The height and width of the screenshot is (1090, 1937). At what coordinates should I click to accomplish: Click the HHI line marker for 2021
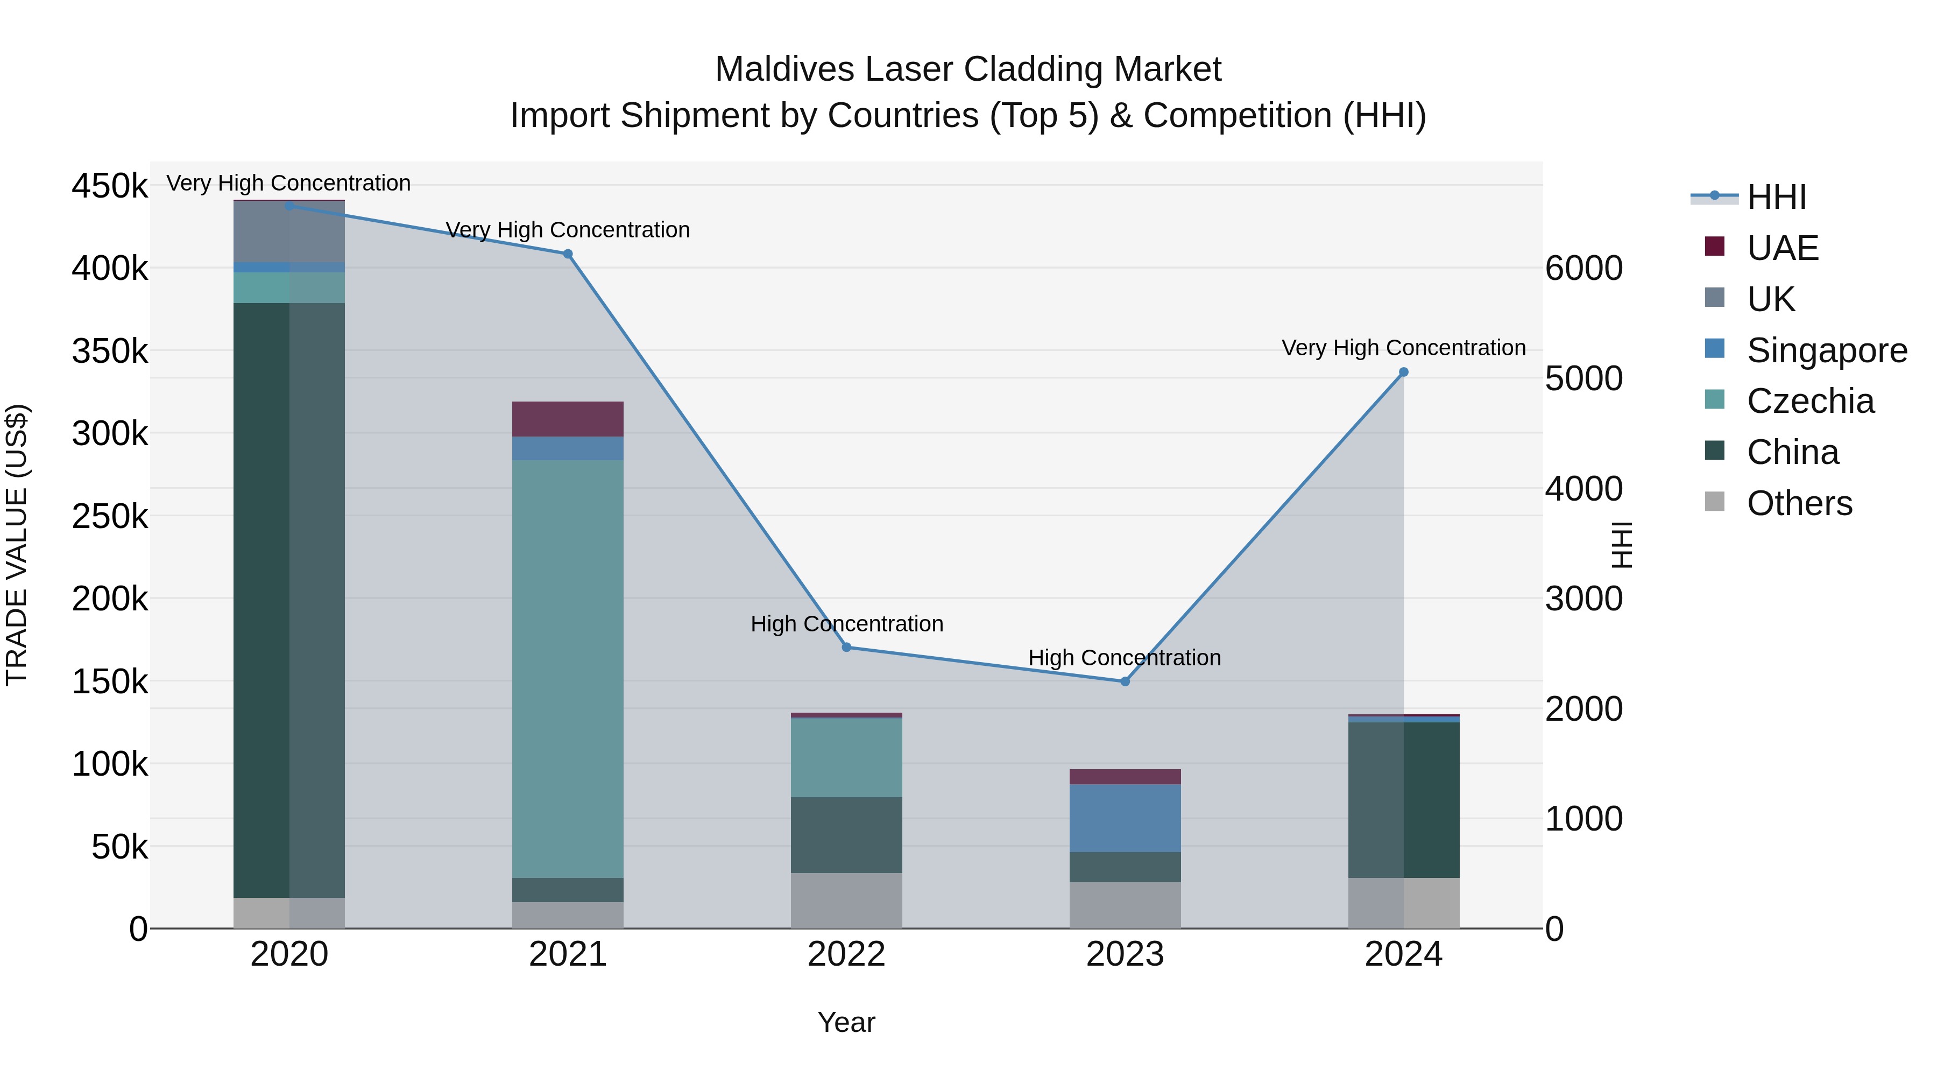click(568, 254)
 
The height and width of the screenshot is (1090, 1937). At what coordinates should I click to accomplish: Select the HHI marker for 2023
click(1125, 681)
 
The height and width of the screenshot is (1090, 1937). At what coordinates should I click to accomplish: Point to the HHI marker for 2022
click(847, 648)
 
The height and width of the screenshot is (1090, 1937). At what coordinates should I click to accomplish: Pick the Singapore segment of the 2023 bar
click(1125, 818)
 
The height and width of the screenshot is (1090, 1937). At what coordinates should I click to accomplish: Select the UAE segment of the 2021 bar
click(568, 419)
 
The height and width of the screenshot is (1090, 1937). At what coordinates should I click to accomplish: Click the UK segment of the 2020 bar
click(289, 231)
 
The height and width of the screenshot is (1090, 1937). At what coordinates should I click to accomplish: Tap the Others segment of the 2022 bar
click(847, 901)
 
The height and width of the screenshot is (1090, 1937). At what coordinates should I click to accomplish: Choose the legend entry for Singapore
click(1827, 350)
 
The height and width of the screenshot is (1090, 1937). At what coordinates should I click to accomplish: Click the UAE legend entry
click(1782, 248)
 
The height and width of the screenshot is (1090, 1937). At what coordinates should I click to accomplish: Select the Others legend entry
click(1799, 503)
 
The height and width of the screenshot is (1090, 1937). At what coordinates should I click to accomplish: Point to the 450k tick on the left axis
click(110, 186)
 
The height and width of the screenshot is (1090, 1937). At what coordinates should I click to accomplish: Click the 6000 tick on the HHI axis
click(1583, 269)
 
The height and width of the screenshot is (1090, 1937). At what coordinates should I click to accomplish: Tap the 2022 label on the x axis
click(847, 954)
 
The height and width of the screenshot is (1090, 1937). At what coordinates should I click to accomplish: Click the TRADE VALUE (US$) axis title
click(17, 545)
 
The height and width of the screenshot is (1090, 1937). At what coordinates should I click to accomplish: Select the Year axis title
click(847, 1022)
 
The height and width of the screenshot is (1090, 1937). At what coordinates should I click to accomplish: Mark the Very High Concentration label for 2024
click(1403, 348)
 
